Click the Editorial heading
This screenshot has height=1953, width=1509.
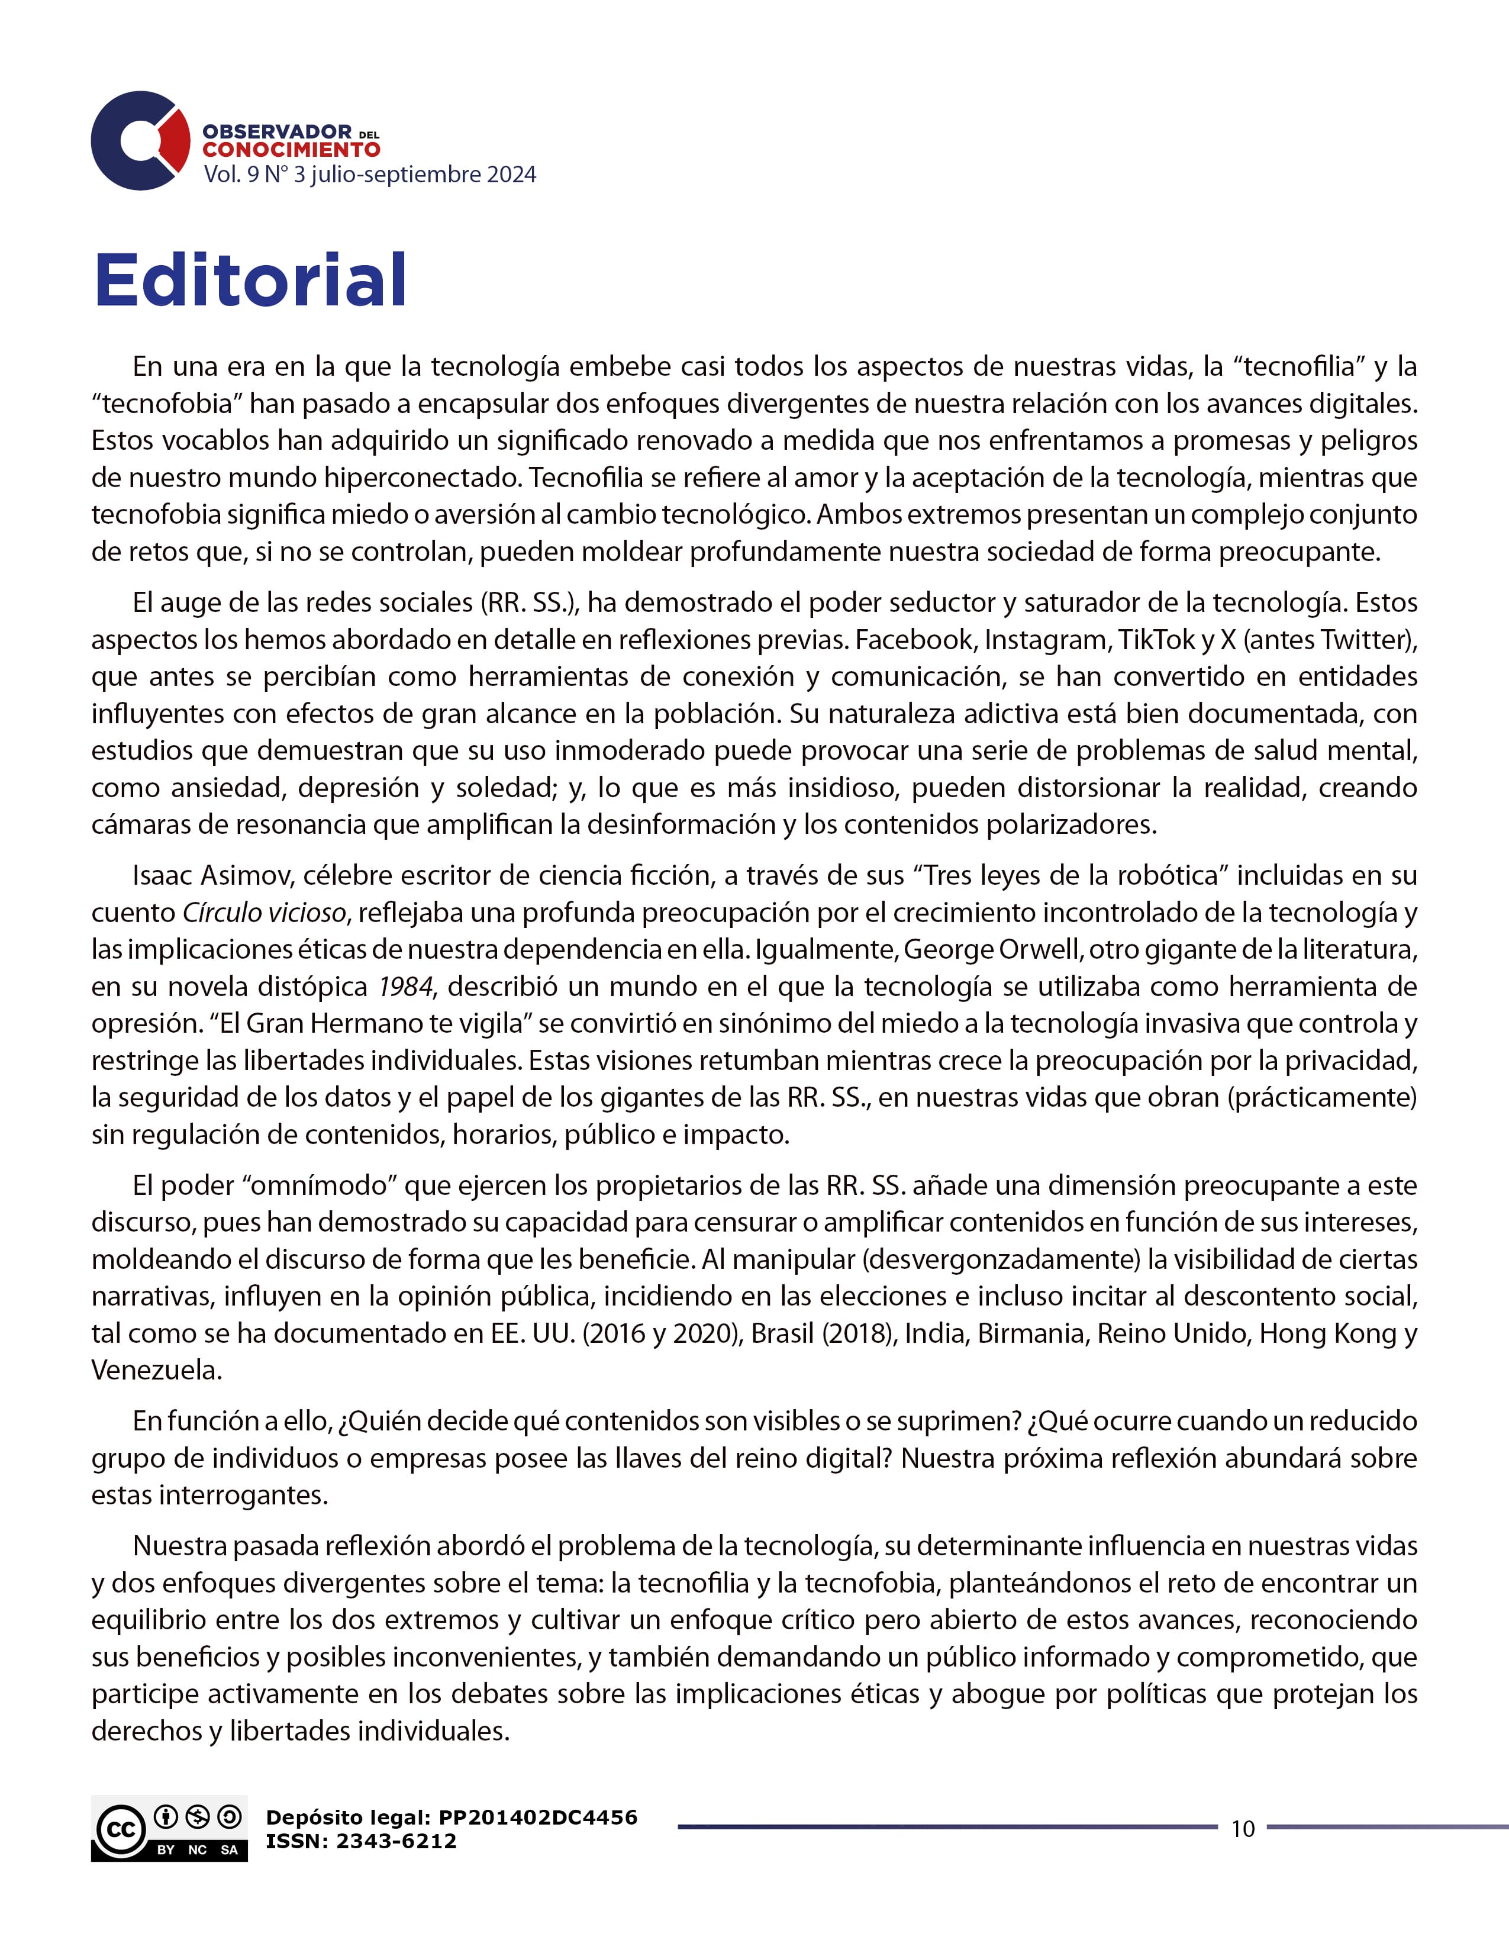[x=250, y=280]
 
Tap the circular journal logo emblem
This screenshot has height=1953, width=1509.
[x=140, y=140]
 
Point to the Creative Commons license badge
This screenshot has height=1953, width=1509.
[x=169, y=1828]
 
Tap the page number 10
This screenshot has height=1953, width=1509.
[x=1243, y=1829]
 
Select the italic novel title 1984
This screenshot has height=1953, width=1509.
[x=405, y=987]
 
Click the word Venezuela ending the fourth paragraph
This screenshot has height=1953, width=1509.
[x=156, y=1370]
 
